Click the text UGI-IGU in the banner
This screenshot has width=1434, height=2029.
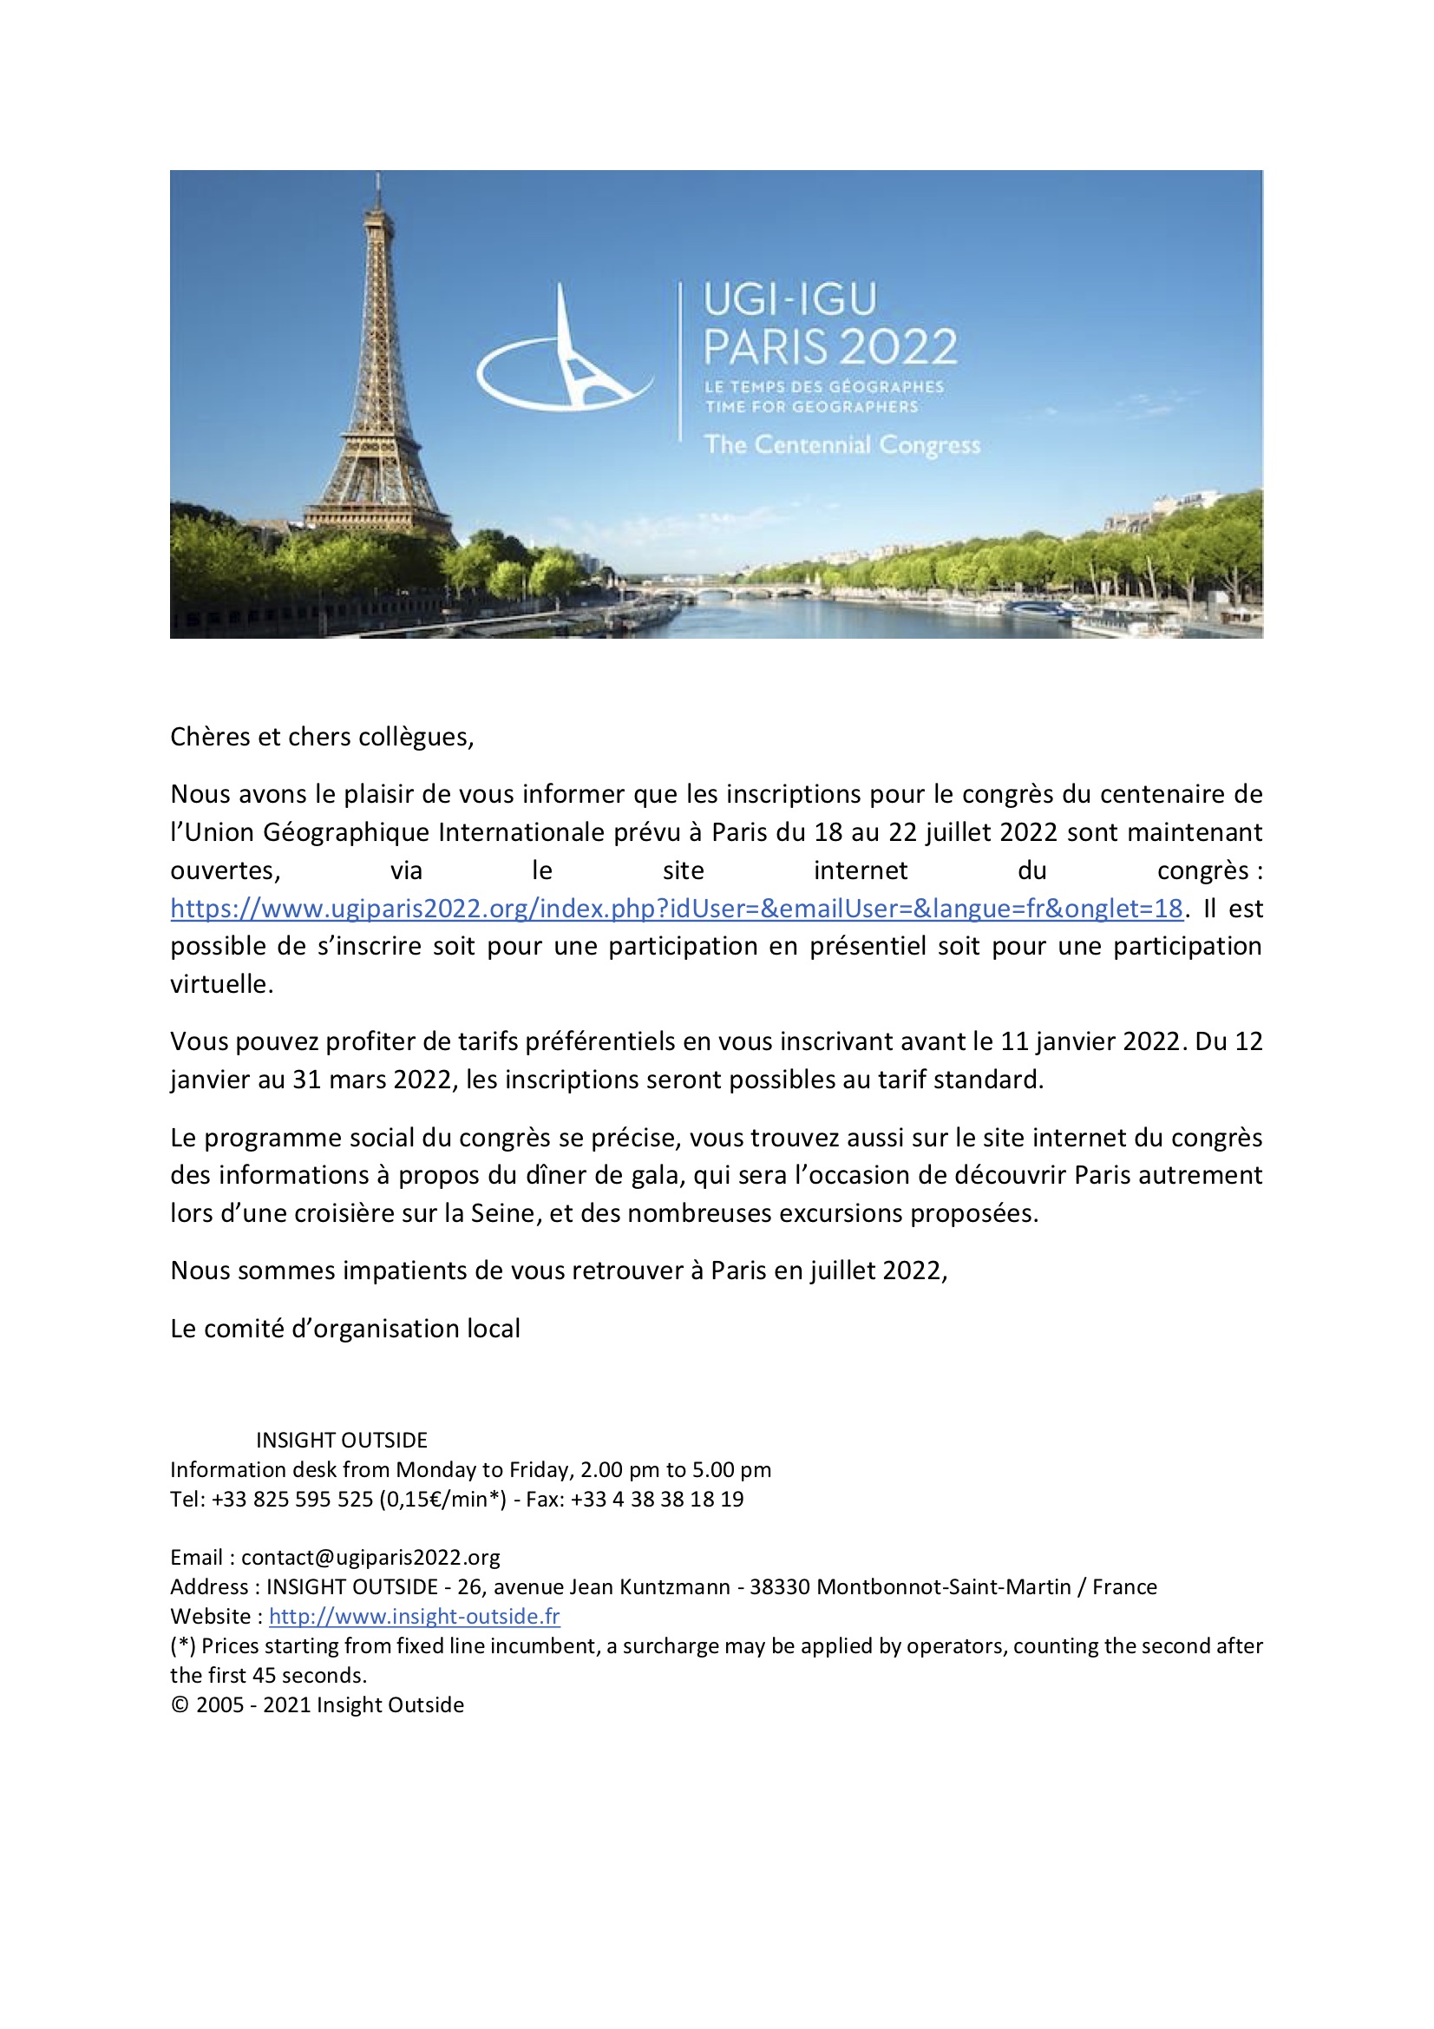790,299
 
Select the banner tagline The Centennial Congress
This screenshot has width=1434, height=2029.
842,444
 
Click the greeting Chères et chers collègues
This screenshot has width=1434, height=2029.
322,737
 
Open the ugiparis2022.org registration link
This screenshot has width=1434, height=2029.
676,909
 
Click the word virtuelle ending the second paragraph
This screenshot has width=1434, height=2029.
221,984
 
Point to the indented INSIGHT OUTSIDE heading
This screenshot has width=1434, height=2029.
341,1440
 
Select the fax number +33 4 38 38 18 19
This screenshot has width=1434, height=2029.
657,1499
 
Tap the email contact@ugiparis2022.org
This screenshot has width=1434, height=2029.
370,1557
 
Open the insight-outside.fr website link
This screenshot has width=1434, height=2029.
414,1616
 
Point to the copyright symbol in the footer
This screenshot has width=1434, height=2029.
180,1704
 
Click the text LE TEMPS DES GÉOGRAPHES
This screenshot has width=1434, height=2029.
823,387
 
